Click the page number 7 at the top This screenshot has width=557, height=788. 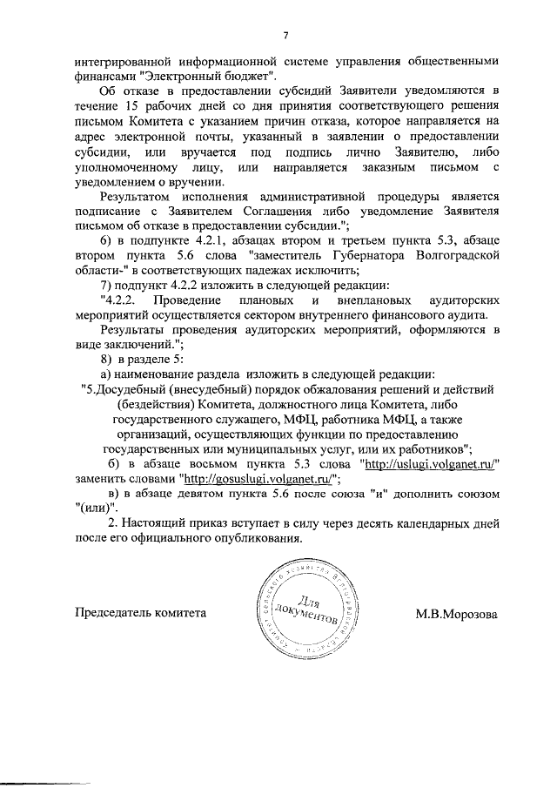click(285, 35)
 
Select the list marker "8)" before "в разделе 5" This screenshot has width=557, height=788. click(109, 360)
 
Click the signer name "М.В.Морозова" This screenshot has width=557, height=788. click(456, 613)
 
